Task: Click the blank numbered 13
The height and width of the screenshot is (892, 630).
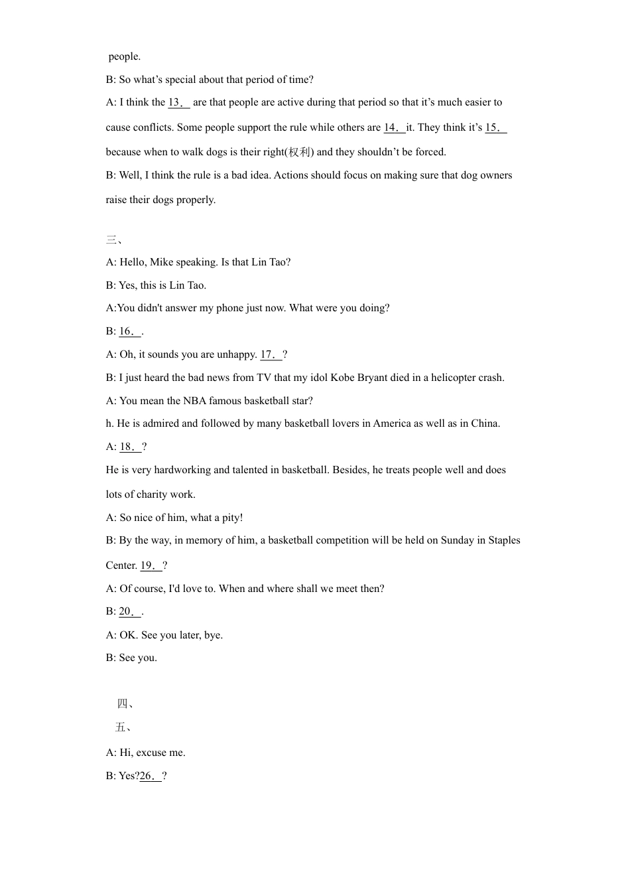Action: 178,102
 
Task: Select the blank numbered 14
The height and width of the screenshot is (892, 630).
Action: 394,127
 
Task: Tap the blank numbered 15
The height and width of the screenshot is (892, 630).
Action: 495,127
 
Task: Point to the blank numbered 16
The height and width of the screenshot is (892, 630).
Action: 129,331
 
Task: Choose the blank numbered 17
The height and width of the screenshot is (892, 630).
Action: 271,354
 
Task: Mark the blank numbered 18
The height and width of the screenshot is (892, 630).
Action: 130,447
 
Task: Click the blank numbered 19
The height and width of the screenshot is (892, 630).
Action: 151,565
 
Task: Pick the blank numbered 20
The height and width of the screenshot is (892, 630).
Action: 129,612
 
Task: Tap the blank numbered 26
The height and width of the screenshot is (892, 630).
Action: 151,776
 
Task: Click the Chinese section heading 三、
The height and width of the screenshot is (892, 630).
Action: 114,240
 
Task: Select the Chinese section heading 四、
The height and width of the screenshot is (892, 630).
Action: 125,704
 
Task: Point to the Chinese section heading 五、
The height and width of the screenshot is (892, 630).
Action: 123,727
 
